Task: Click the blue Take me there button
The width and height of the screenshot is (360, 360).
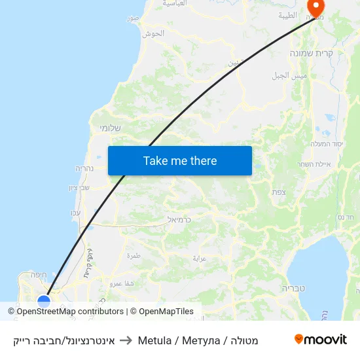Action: pyautogui.click(x=180, y=160)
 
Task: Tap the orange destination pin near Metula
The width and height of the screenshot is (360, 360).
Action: pyautogui.click(x=316, y=7)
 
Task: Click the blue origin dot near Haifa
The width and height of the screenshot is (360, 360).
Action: pyautogui.click(x=44, y=302)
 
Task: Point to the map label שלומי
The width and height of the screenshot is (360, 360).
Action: pyautogui.click(x=109, y=128)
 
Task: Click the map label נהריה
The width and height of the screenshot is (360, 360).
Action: pyautogui.click(x=86, y=168)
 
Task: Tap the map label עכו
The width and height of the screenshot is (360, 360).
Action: pyautogui.click(x=75, y=213)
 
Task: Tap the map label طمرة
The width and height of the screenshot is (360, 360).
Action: pyautogui.click(x=134, y=255)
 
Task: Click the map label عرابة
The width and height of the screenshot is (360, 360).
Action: pyautogui.click(x=199, y=258)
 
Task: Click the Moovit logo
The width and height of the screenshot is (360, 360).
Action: pyautogui.click(x=320, y=340)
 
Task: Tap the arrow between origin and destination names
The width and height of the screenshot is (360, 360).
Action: pyautogui.click(x=126, y=340)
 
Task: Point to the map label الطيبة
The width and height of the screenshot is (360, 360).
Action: pyautogui.click(x=287, y=15)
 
